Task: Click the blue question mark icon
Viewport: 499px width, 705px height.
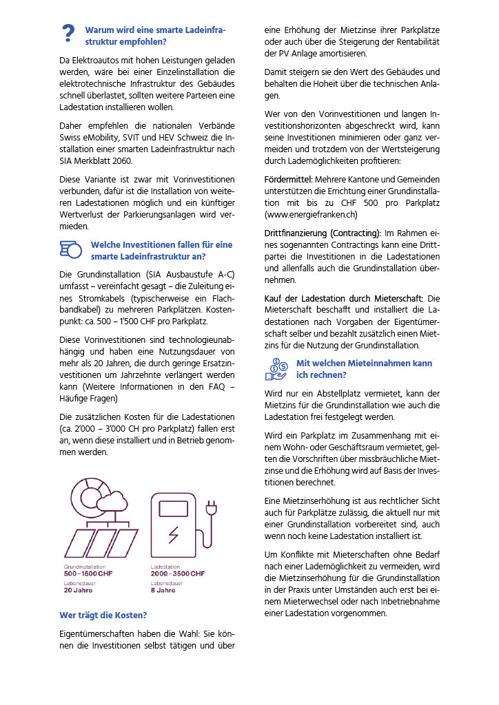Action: point(68,34)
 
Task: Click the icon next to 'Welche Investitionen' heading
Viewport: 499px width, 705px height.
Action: point(71,249)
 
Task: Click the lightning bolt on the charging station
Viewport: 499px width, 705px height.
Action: point(174,534)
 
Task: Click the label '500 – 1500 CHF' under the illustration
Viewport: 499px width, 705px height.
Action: point(89,574)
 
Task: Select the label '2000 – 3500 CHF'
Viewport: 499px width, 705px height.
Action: point(177,574)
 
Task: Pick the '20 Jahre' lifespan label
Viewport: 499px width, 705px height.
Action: point(77,590)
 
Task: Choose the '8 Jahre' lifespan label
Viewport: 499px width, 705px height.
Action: point(163,590)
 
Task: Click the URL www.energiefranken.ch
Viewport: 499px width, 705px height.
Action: point(311,214)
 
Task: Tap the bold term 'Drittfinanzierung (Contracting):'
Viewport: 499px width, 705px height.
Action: point(323,233)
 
